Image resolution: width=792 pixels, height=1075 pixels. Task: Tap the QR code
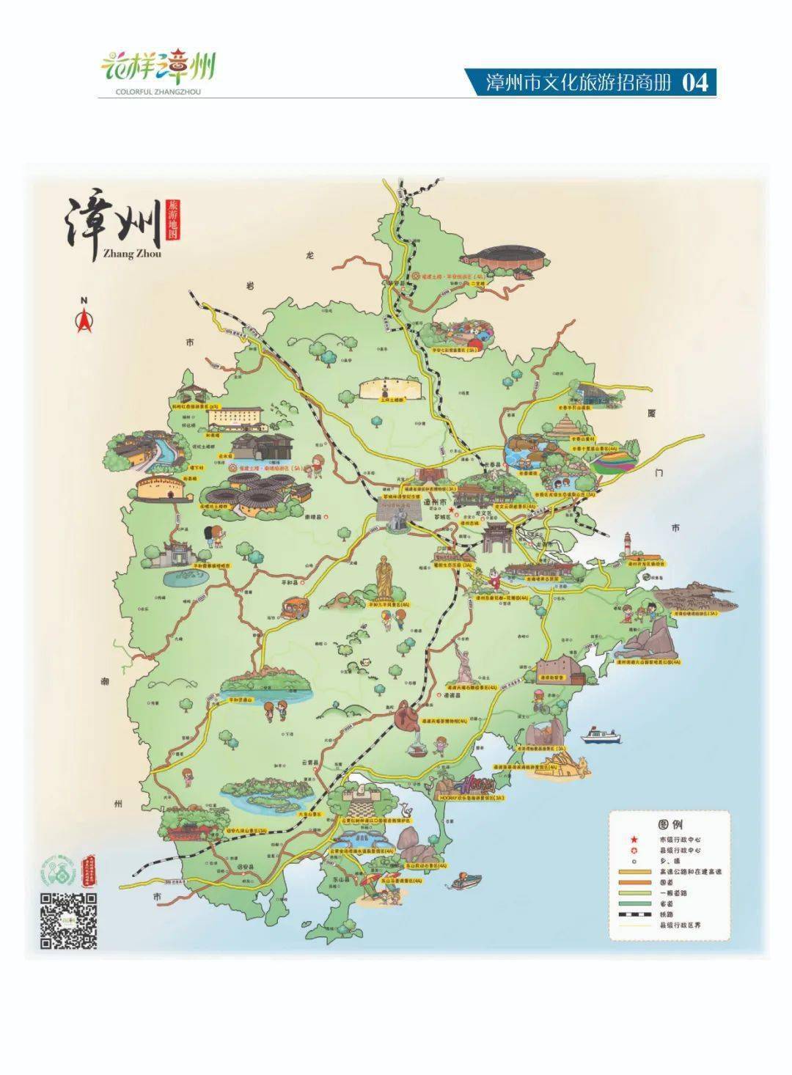[68, 922]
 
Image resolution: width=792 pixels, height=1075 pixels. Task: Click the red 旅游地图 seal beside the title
[173, 219]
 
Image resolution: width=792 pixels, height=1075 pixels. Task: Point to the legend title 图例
[670, 824]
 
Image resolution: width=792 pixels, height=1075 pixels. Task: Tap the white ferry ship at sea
[601, 734]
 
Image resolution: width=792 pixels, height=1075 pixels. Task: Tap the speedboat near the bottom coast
[467, 881]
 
